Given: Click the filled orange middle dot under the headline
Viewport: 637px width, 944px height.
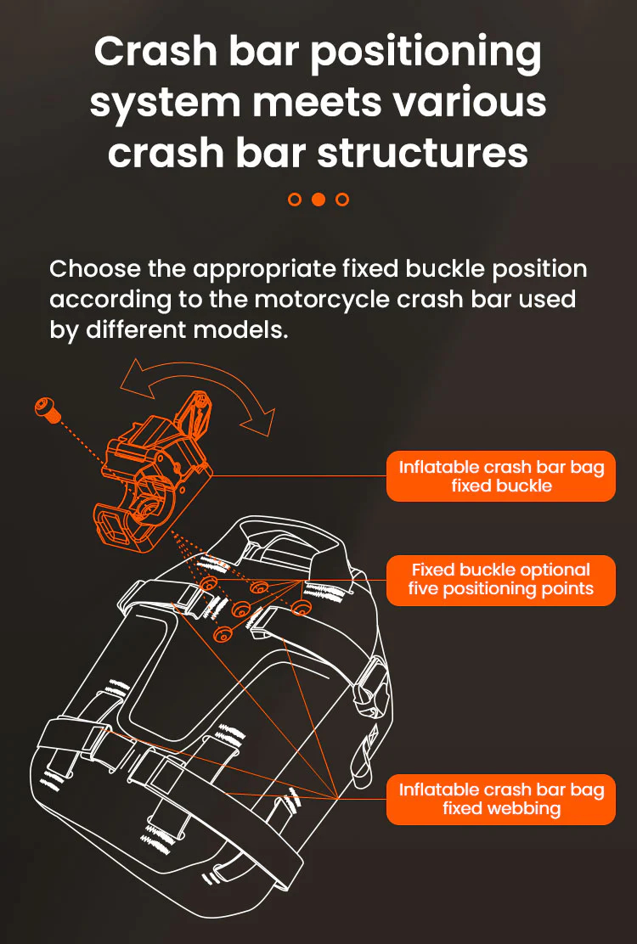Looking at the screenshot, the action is click(x=318, y=199).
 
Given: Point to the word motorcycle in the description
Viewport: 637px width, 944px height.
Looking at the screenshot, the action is click(x=324, y=299).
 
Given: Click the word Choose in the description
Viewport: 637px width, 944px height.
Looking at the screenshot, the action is click(x=96, y=268).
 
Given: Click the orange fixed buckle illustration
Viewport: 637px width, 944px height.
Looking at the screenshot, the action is click(x=154, y=473).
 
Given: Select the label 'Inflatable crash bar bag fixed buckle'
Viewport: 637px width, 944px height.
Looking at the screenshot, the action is click(x=501, y=476).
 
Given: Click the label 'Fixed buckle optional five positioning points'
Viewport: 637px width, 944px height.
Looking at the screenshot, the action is click(x=501, y=580).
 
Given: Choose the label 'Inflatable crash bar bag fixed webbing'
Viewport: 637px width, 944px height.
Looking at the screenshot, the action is click(x=501, y=799).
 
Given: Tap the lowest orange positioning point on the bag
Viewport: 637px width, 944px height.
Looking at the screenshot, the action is click(x=223, y=633).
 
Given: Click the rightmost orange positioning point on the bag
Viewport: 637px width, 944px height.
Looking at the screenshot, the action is click(x=301, y=608).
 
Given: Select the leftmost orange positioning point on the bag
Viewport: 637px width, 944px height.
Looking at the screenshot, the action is click(x=209, y=582).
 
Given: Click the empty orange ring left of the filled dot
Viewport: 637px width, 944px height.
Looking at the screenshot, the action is click(x=295, y=199).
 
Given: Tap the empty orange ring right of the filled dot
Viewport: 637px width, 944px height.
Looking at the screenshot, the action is click(x=342, y=199).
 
